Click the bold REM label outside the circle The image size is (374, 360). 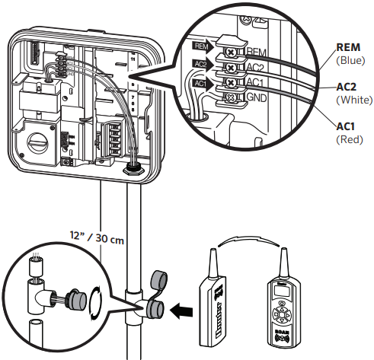pos(347,46)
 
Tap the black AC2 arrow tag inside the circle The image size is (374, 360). pos(201,66)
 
